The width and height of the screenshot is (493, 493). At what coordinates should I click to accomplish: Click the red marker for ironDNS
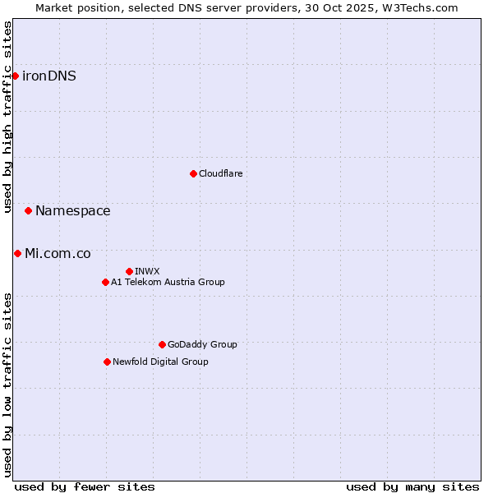click(15, 76)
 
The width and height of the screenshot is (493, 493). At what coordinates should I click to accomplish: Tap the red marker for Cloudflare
click(193, 173)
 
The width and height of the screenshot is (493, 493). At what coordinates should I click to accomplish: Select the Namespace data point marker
click(28, 211)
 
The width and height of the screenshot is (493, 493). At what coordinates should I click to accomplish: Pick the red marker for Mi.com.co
click(17, 253)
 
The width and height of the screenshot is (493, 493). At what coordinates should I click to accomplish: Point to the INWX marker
click(129, 271)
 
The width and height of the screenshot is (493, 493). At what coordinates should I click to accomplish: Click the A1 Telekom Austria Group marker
click(105, 282)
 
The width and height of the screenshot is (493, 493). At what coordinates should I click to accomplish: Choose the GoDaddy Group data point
click(162, 344)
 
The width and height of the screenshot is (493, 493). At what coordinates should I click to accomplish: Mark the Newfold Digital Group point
click(107, 362)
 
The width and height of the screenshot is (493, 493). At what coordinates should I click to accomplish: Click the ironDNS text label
click(49, 76)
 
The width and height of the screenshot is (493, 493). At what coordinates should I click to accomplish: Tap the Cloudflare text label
click(220, 173)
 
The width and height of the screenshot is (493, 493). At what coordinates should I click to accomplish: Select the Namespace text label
click(72, 211)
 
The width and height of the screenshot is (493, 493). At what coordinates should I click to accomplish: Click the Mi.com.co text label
click(58, 253)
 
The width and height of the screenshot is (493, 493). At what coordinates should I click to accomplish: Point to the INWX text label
click(147, 271)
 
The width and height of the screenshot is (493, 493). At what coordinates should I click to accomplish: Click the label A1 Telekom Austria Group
click(168, 282)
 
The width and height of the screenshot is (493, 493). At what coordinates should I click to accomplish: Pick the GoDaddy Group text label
click(202, 344)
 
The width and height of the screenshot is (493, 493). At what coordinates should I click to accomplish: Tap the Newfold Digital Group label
click(160, 362)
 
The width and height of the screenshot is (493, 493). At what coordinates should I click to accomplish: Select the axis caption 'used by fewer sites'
click(85, 486)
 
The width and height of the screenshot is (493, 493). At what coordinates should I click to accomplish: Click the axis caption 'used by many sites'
click(412, 486)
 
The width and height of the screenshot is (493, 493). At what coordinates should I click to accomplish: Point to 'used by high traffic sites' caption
click(7, 117)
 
